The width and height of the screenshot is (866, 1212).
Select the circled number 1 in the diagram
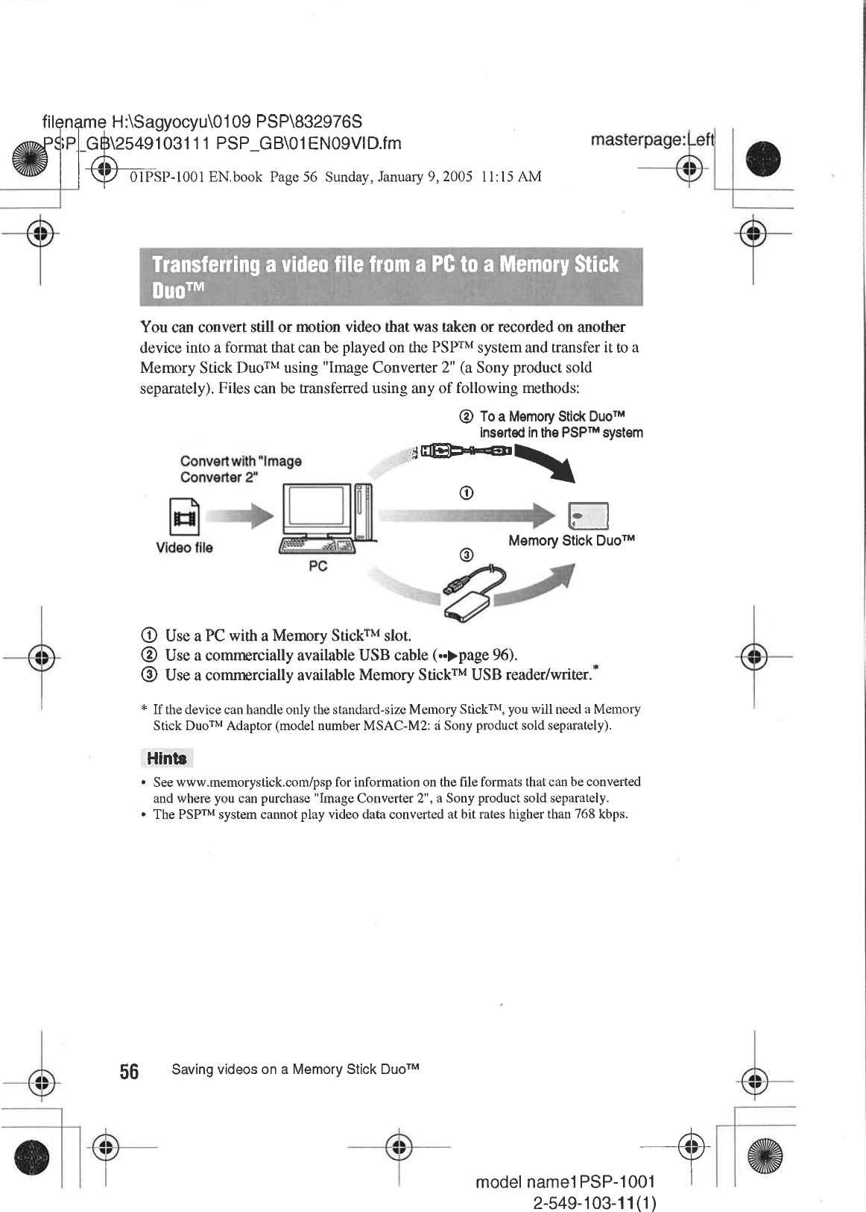click(x=466, y=493)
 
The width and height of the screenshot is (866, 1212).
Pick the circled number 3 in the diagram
click(x=466, y=555)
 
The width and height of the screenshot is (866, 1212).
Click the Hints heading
click(x=166, y=759)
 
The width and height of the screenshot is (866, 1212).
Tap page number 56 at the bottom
click(x=129, y=1072)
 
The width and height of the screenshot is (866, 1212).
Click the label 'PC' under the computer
click(x=317, y=566)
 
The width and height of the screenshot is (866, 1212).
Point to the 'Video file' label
click(x=184, y=547)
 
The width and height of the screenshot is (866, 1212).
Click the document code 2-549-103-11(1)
click(x=595, y=1204)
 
